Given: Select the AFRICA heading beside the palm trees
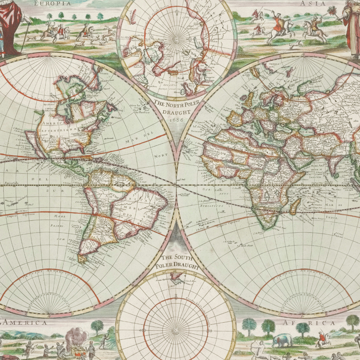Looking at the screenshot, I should (x=309, y=323).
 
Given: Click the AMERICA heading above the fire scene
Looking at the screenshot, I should (x=25, y=323).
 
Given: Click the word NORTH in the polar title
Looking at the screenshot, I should (x=177, y=104).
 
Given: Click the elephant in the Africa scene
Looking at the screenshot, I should (x=282, y=340).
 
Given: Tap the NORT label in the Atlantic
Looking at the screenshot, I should (x=161, y=156).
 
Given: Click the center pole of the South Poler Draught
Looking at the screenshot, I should (x=176, y=330).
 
